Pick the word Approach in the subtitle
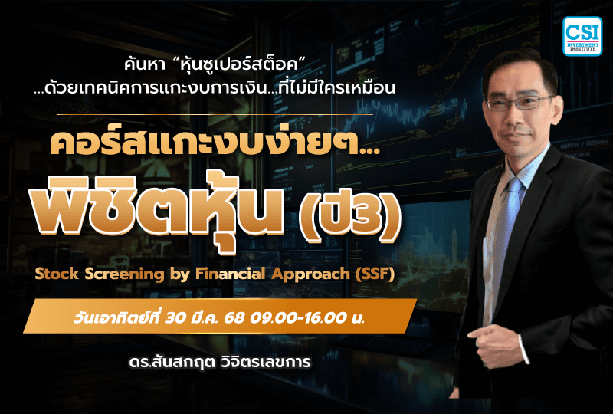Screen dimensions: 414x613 point(298,274)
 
